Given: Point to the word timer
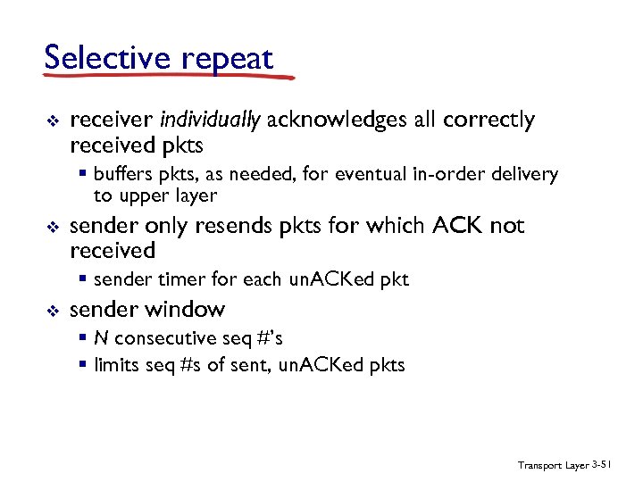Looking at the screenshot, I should tap(174, 279).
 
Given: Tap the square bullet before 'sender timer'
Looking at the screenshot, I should tap(83, 279).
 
